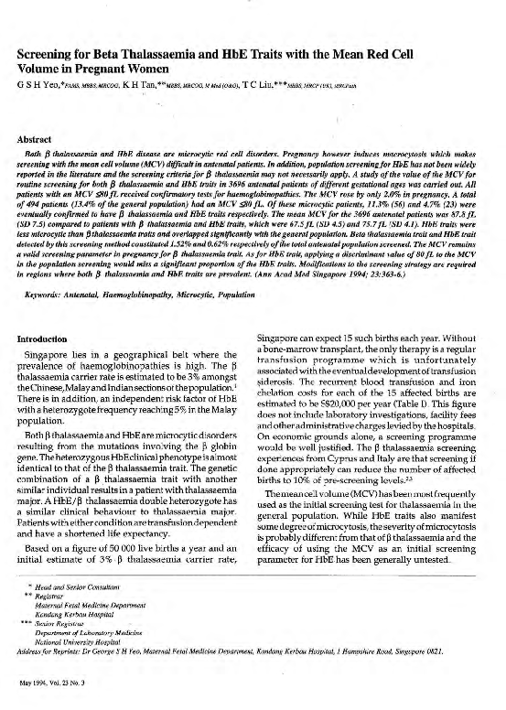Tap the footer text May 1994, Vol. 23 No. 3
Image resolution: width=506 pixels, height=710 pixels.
pos(53,682)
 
